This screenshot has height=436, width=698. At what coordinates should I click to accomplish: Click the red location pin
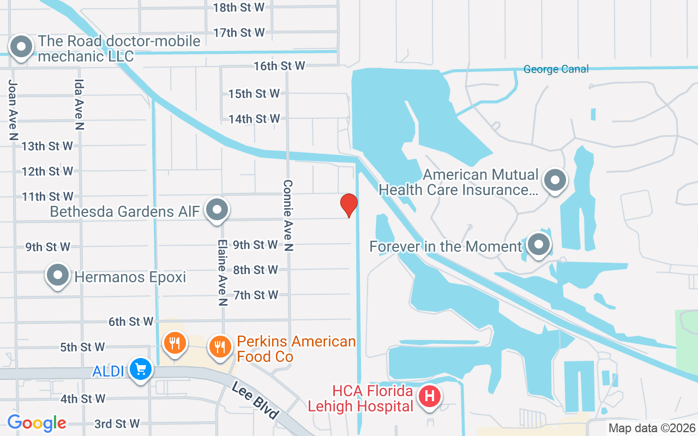pyautogui.click(x=348, y=205)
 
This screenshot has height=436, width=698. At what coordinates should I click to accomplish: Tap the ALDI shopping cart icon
pyautogui.click(x=141, y=370)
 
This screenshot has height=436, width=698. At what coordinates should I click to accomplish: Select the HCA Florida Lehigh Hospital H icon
pyautogui.click(x=430, y=396)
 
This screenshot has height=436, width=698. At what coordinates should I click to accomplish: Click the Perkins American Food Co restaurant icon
pyautogui.click(x=220, y=345)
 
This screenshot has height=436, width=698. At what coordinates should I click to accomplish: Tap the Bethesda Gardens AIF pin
pyautogui.click(x=217, y=210)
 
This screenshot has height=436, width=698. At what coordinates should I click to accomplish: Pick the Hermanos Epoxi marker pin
pyautogui.click(x=57, y=276)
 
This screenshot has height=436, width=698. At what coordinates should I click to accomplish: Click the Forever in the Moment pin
pyautogui.click(x=539, y=245)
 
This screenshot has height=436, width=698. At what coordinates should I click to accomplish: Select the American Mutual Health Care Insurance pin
pyautogui.click(x=555, y=180)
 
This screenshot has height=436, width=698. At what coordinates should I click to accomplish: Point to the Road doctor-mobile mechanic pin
pyautogui.click(x=21, y=47)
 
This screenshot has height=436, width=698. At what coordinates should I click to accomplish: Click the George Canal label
pyautogui.click(x=556, y=69)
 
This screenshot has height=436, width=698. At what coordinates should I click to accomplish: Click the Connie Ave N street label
pyautogui.click(x=288, y=216)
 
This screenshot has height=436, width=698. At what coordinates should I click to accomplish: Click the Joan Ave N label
pyautogui.click(x=13, y=109)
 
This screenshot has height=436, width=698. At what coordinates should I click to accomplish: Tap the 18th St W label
pyautogui.click(x=238, y=7)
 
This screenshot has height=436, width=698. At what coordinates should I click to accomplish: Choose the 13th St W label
pyautogui.click(x=47, y=146)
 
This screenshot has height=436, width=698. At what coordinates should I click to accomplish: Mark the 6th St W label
pyautogui.click(x=131, y=322)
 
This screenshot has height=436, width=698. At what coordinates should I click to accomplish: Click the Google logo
pyautogui.click(x=37, y=422)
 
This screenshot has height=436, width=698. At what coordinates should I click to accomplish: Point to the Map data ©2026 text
pyautogui.click(x=652, y=428)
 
